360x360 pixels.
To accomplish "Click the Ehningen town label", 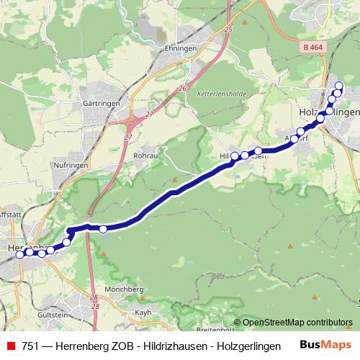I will click(x=181, y=48).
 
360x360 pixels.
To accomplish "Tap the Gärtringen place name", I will click(x=100, y=104).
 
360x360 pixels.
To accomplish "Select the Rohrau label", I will click(x=146, y=155).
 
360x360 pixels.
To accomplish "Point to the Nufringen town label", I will click(x=71, y=165).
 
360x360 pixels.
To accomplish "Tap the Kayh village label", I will click(x=143, y=312).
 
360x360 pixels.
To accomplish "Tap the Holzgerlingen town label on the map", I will click(x=328, y=112).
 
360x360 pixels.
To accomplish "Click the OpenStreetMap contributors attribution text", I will click(x=292, y=323).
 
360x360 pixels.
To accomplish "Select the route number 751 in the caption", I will click(x=32, y=346).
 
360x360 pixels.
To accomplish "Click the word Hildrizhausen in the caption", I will click(x=175, y=346).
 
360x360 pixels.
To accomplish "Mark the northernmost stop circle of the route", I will click(x=339, y=86).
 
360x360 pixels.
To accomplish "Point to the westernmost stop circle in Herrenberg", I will click(x=19, y=254).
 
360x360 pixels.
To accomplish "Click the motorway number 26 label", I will click(x=184, y=88).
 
